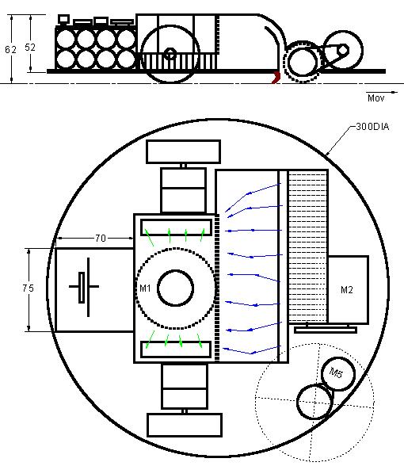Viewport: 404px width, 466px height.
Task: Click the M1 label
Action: coord(145,288)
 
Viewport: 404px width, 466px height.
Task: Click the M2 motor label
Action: coord(347,290)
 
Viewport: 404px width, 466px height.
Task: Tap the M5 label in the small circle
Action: coord(336,372)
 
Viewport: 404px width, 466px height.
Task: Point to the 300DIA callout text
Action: coord(372,127)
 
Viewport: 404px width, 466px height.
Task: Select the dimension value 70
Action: coord(101,238)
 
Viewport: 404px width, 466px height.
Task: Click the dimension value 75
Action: coord(29,288)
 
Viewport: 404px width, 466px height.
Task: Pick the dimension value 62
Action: coord(11,50)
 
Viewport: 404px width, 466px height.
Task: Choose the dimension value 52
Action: coord(30,48)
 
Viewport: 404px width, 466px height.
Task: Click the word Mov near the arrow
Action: coord(375,98)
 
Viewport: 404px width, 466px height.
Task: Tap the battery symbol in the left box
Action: coord(84,287)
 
